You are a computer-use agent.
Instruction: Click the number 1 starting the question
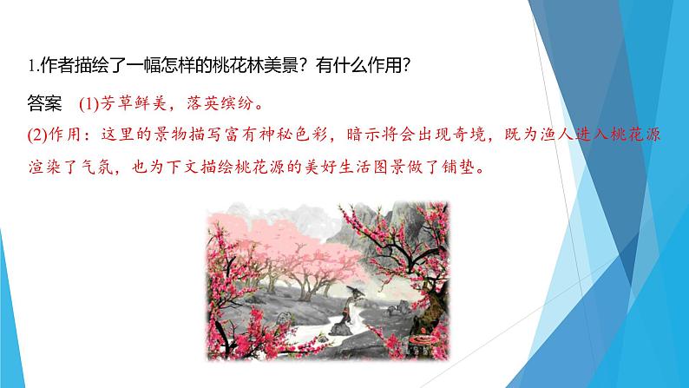coord(30,65)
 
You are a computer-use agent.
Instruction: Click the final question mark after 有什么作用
coord(402,65)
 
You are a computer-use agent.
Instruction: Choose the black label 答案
coord(45,105)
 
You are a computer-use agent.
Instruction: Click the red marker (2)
coord(41,135)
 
